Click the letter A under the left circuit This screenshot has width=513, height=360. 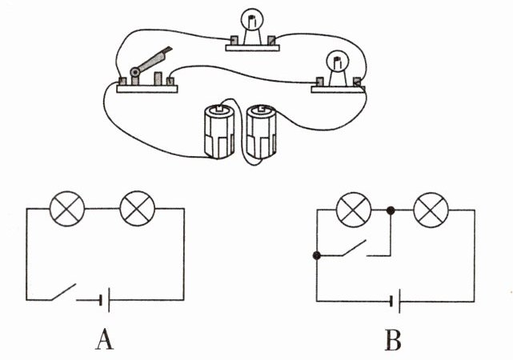click(103, 341)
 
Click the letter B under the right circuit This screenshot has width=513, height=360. click(392, 341)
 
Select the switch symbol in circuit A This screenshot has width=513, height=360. click(61, 293)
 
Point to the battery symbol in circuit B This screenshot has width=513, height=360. click(395, 301)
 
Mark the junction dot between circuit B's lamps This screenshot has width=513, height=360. click(391, 210)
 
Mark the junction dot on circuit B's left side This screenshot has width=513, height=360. click(318, 256)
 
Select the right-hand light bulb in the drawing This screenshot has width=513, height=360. click(335, 65)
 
